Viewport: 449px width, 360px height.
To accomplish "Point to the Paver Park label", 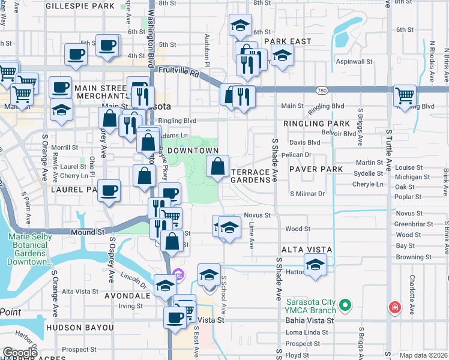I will [x=316, y=169].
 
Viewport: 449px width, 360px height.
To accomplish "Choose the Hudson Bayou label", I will [x=79, y=328].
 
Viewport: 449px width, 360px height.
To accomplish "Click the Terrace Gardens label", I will [x=250, y=176].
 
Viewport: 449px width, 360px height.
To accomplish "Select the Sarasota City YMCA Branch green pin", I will [x=345, y=306].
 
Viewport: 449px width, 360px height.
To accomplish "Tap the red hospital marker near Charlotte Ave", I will [x=394, y=307].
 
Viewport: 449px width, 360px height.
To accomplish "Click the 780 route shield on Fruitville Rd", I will [x=322, y=91].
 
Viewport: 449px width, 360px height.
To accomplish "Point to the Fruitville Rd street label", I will [x=178, y=70].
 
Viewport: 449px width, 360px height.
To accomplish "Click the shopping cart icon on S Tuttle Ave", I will [x=405, y=94].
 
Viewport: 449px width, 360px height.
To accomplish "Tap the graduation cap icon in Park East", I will [x=282, y=56].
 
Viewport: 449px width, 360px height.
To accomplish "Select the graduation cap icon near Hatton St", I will [x=315, y=263].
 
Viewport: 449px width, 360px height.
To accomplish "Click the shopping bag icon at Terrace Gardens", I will [x=218, y=165].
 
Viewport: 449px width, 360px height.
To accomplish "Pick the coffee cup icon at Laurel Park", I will [x=109, y=190].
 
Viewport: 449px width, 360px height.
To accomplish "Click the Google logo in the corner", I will [x=20, y=353].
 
